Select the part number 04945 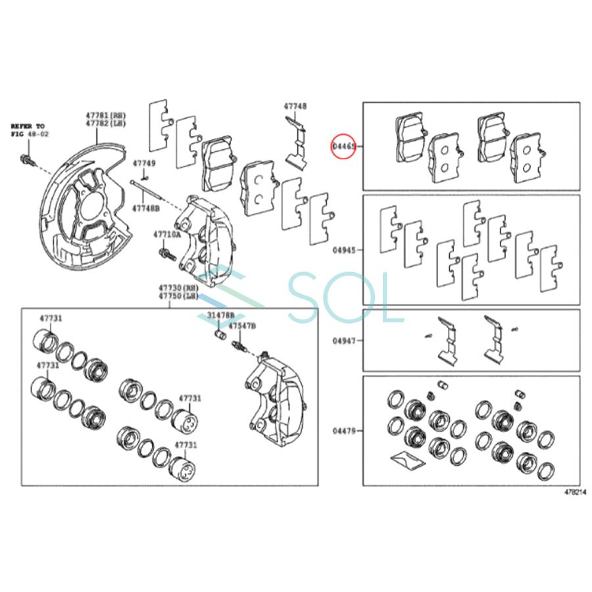(x=344, y=250)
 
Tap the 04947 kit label (x=344, y=341)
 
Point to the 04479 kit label (x=344, y=432)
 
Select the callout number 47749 (x=144, y=162)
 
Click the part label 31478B (x=220, y=316)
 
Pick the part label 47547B (x=243, y=326)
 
